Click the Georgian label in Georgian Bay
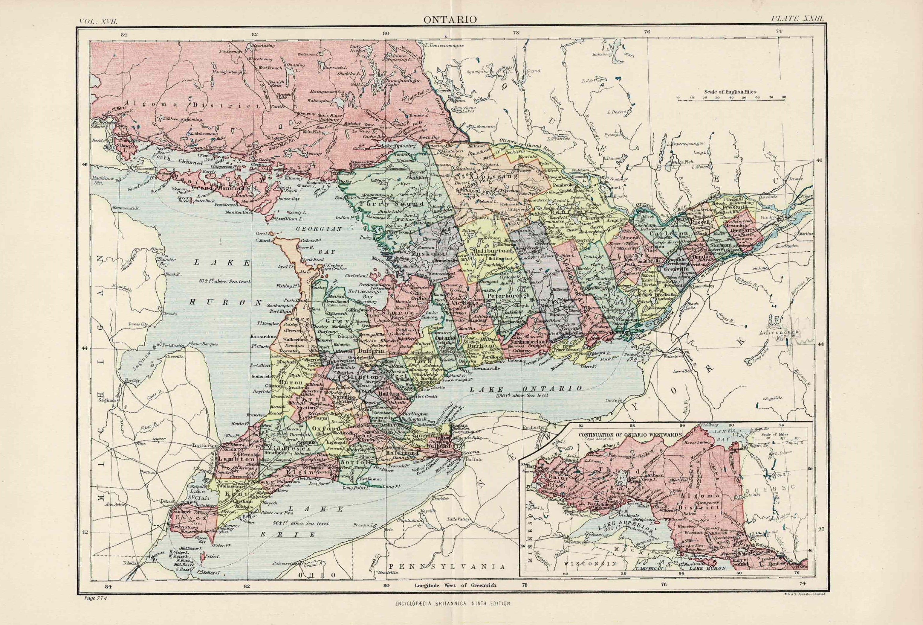tap(319, 229)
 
